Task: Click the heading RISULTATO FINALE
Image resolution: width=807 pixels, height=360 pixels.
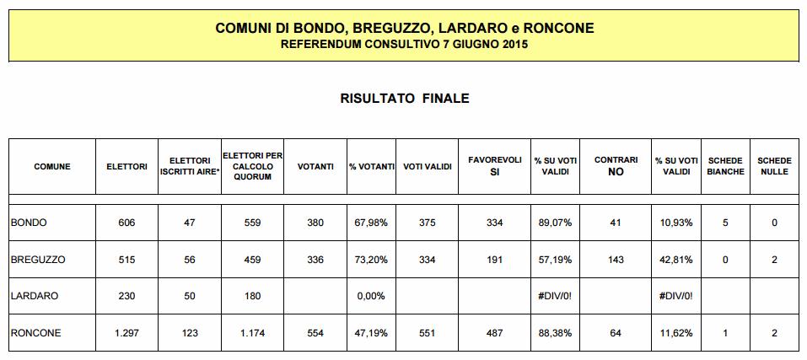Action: [x=404, y=99]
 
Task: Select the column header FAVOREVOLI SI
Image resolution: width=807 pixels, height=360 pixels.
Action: [x=495, y=166]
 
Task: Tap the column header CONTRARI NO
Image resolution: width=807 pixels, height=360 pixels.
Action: [x=616, y=166]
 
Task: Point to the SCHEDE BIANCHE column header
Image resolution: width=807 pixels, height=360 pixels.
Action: [x=725, y=166]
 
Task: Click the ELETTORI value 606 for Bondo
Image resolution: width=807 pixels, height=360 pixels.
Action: [x=126, y=223]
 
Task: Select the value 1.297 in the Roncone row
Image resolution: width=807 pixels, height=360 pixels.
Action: [x=126, y=333]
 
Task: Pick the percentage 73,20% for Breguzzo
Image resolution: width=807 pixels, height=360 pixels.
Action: [x=371, y=260]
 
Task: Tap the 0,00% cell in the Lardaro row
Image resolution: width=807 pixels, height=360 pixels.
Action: [x=371, y=296]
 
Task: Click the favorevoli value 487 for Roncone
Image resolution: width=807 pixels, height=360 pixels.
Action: [x=495, y=333]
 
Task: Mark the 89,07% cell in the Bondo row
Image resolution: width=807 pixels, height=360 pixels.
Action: [x=555, y=223]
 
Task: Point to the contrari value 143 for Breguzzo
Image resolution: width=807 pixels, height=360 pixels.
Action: [x=616, y=260]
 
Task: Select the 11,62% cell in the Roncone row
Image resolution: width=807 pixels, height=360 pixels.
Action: [x=675, y=333]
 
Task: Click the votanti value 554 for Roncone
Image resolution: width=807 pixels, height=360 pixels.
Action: [x=315, y=333]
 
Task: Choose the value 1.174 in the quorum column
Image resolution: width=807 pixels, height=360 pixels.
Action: [x=252, y=333]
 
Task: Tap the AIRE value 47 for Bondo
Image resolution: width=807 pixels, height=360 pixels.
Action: [x=189, y=223]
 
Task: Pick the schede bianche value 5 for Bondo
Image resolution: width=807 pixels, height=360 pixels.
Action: [x=725, y=223]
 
